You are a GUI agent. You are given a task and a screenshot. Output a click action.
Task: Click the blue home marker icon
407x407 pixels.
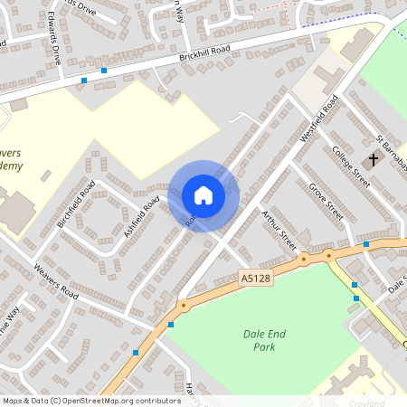203,195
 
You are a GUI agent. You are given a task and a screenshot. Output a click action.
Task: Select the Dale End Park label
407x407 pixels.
264,340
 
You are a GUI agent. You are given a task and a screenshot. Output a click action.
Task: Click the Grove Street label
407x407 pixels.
326,202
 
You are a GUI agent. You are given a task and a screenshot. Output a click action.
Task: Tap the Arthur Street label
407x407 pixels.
279,229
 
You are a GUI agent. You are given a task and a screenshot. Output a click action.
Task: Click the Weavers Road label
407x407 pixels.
56,281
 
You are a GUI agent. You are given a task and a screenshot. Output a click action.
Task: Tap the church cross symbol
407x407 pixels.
372,160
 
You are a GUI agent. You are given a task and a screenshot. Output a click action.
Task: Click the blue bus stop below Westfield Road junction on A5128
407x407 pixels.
365,244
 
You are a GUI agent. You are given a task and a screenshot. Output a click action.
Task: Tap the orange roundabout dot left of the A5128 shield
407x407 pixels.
184,305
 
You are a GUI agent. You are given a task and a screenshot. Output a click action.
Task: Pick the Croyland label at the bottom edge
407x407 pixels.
365,402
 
